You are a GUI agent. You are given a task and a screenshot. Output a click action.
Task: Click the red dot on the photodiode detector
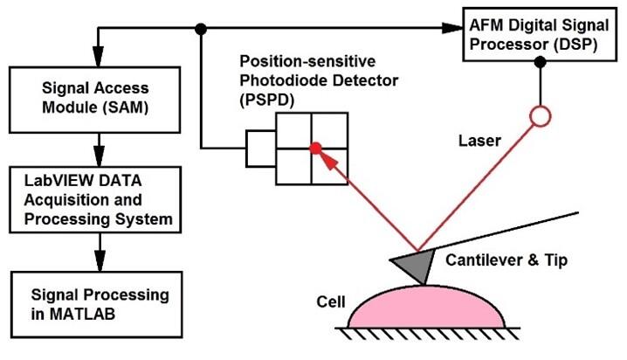point(316,148)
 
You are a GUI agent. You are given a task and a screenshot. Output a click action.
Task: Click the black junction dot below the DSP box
point(541,61)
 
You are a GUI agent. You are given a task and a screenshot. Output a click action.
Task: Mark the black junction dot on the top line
point(202,29)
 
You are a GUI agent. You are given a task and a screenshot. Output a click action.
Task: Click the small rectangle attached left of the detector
point(260,149)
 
